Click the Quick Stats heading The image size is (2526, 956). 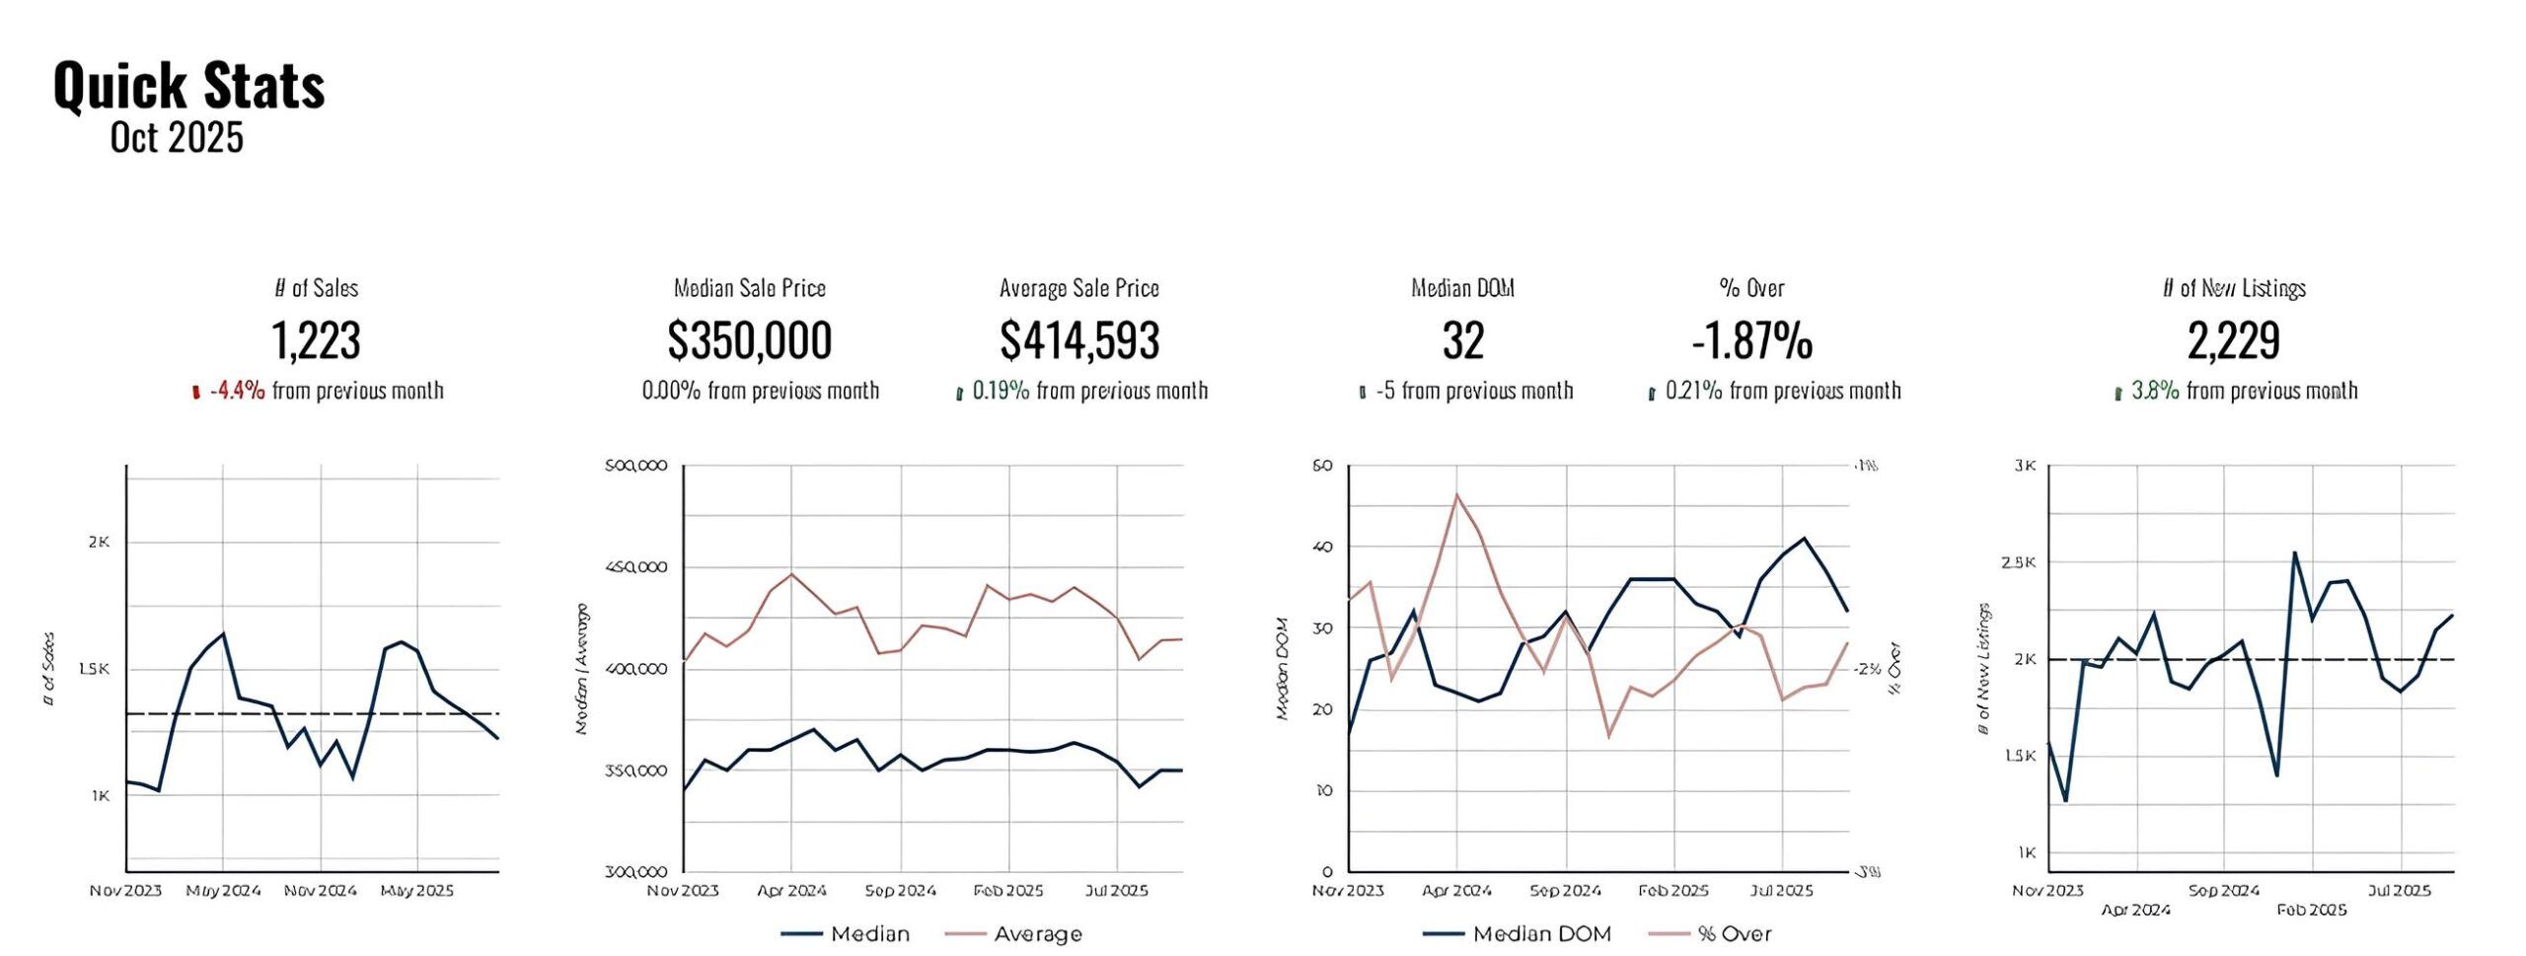tap(188, 85)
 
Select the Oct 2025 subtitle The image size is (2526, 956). tap(177, 138)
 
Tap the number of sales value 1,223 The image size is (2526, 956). tap(316, 340)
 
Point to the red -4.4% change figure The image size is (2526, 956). tap(237, 391)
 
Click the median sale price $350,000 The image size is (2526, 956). tap(750, 340)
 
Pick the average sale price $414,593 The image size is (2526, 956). tap(1079, 340)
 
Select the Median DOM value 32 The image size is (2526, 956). tap(1462, 340)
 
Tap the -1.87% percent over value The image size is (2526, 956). tap(1751, 340)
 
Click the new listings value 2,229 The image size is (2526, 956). tap(2233, 340)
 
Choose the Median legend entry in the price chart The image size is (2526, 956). tap(869, 933)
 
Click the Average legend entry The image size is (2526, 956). tap(1037, 933)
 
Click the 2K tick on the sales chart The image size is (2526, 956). tap(99, 542)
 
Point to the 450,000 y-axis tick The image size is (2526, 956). tap(635, 567)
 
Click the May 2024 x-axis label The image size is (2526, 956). tap(223, 891)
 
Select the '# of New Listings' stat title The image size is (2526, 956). tap(2233, 288)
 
